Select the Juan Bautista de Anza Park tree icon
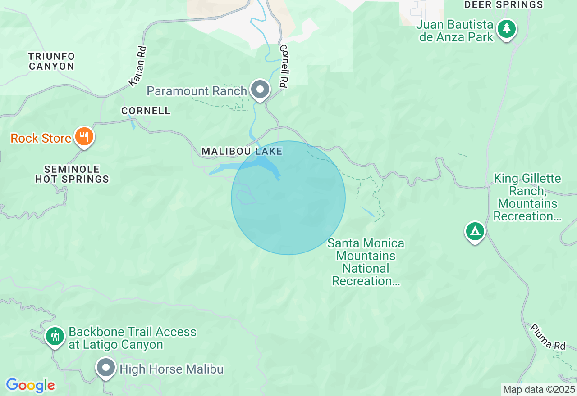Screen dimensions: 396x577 point(507,29)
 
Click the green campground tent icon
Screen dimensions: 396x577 point(475,231)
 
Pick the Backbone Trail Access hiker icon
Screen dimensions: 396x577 point(55,336)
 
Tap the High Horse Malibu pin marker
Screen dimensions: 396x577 point(106,368)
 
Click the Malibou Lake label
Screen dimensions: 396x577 point(242,151)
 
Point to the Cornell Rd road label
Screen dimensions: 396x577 point(284,66)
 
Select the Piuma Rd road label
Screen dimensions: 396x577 point(547,337)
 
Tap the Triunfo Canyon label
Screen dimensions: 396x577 point(51,61)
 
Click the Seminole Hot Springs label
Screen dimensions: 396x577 point(72,174)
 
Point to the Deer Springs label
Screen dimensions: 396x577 point(504,5)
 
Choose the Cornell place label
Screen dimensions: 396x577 point(146,111)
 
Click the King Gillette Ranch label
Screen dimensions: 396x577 point(527,197)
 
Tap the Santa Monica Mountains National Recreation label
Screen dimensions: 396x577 point(366,262)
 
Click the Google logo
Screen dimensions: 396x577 point(30,386)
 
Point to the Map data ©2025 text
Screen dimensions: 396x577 point(539,389)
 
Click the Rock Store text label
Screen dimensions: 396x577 point(41,138)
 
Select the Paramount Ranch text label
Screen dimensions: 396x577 point(197,91)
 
